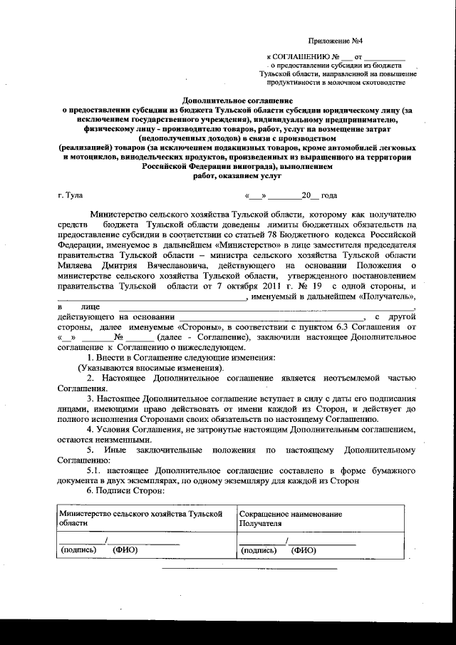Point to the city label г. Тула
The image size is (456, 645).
[71, 195]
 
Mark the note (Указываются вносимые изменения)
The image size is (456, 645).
[150, 366]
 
